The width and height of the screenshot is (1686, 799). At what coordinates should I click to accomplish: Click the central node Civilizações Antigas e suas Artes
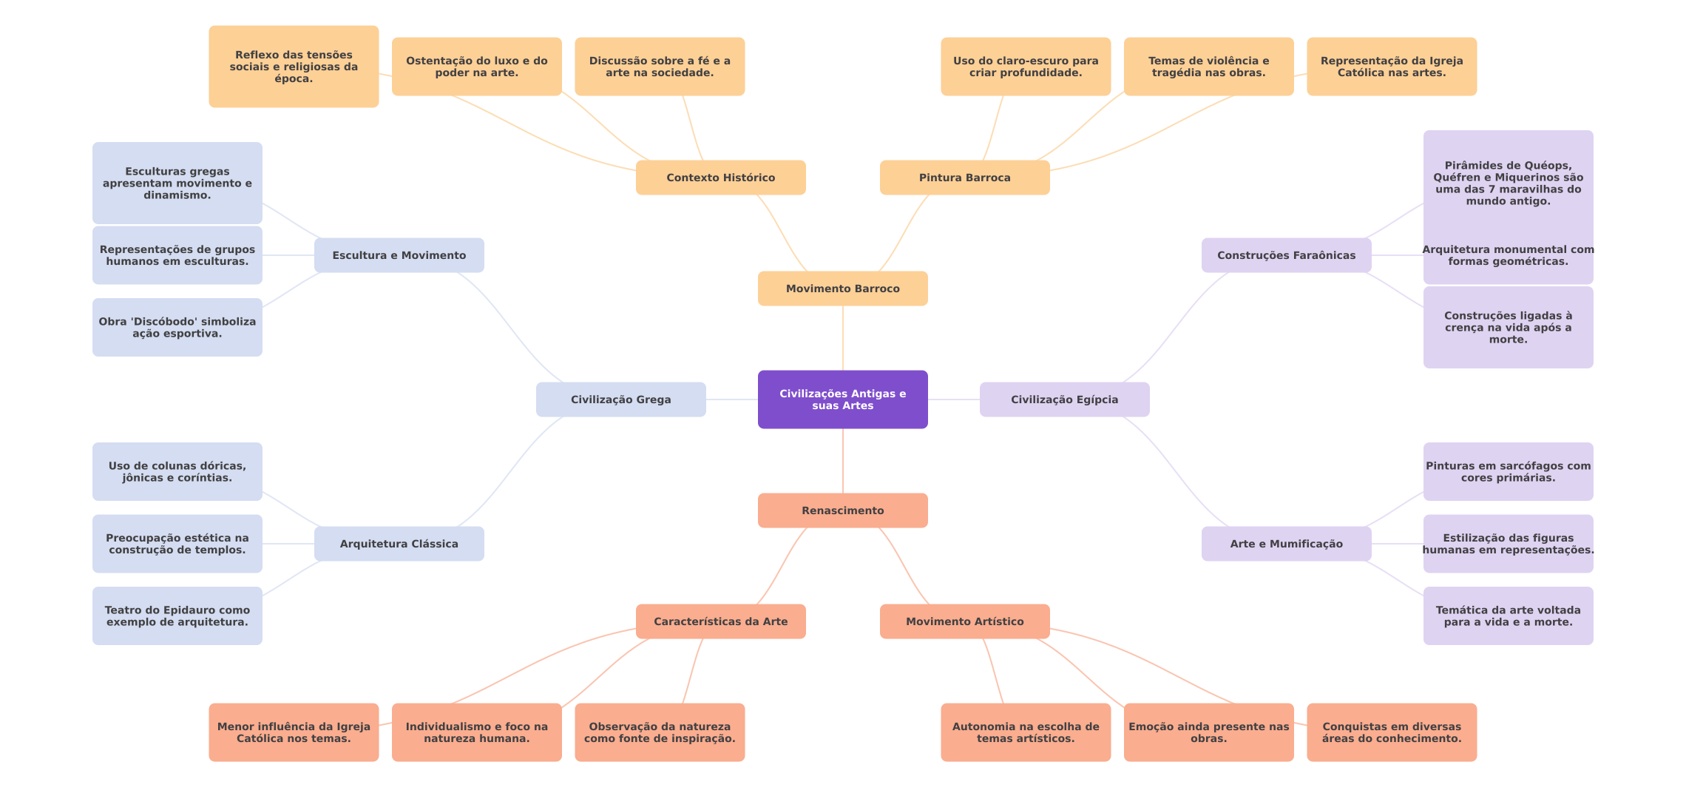842,399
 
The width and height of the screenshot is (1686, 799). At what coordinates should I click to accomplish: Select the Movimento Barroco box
842,289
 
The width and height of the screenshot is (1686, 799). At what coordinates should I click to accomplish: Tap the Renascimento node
842,510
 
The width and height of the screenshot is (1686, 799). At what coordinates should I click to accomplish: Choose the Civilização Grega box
620,399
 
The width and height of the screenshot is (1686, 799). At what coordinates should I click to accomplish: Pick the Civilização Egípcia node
1064,399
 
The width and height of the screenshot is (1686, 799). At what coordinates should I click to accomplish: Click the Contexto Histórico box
720,178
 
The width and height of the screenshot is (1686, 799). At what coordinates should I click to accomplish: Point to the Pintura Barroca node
964,178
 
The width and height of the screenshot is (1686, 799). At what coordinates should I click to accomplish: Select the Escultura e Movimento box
399,255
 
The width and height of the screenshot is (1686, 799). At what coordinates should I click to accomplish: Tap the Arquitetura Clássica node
399,544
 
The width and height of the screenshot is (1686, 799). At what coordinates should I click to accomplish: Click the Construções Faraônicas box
1286,255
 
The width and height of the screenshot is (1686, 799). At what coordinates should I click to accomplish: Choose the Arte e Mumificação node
1286,544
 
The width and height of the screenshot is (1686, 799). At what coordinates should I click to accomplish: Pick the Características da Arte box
720,621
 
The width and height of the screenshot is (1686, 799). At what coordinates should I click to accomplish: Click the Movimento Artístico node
964,621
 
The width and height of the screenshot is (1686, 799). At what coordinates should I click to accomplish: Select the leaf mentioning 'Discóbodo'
177,327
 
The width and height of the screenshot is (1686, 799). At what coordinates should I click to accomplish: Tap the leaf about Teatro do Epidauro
177,616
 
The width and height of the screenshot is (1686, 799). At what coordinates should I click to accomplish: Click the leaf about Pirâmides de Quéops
1508,183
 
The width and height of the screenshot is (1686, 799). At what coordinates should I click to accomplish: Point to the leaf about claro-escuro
1025,67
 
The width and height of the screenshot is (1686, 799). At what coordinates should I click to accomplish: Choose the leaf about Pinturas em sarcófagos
1508,471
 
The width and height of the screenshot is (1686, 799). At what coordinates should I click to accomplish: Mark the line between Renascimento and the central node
843,461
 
